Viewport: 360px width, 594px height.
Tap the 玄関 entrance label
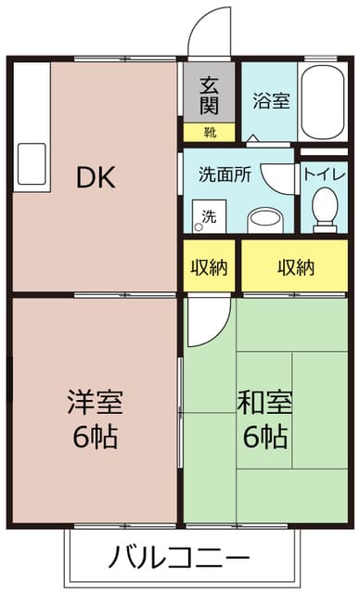[x=210, y=92]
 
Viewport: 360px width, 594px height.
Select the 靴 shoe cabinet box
[x=210, y=132]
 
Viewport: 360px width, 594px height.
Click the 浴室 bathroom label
[x=272, y=100]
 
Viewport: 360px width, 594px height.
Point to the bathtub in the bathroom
[x=325, y=102]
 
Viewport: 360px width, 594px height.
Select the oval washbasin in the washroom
[x=266, y=219]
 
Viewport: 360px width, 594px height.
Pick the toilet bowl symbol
[x=325, y=209]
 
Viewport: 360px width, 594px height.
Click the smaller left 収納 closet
[x=209, y=267]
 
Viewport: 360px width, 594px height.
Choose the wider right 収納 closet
[x=296, y=267]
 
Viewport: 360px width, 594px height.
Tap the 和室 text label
[x=265, y=403]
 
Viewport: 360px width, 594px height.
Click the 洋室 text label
[x=96, y=403]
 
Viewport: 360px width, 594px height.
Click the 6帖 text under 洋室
[x=96, y=436]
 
